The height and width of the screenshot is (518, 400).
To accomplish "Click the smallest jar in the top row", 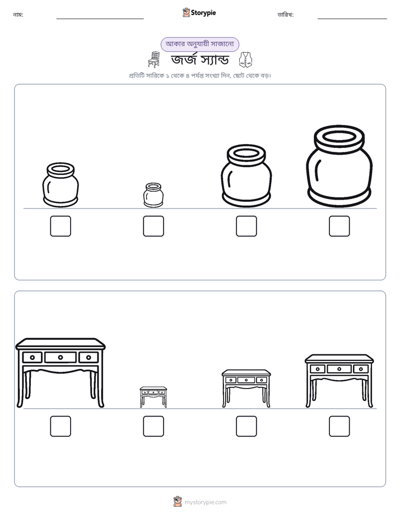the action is pos(154,195).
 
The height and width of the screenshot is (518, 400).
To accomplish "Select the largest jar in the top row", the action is pos(339,166).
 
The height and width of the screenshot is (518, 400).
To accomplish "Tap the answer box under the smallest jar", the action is pos(154,226).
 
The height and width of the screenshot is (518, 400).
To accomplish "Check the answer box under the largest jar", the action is pos(339,226).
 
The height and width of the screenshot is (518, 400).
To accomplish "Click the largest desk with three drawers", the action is pos(61,373).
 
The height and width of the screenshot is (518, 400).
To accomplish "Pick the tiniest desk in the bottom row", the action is pos(154,397).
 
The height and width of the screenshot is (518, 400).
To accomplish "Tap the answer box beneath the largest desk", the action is pos(61,426).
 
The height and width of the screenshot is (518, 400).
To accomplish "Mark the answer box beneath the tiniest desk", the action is pos(154,426).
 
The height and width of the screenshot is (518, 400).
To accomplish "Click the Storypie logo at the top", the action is pos(199,12).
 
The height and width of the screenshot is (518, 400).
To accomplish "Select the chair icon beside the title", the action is pos(154,59).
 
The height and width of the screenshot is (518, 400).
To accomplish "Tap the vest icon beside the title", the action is pos(245,60).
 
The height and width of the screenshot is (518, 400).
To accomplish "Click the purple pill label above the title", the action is pos(199,44).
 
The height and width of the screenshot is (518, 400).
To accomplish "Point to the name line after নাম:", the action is pos(100,18).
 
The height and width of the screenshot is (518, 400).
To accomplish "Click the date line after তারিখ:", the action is pos(352,18).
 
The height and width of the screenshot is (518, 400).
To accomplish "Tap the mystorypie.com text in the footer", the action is pos(205,502).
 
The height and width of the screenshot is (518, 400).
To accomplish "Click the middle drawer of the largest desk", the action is pos(61,357).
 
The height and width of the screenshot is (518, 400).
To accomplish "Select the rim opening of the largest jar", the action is pos(339,136).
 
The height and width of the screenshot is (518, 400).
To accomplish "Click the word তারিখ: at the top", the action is pos(286,15).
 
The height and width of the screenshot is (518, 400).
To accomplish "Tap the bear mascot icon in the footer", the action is pos(178,502).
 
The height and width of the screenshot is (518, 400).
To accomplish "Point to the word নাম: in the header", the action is pos(18,15).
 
